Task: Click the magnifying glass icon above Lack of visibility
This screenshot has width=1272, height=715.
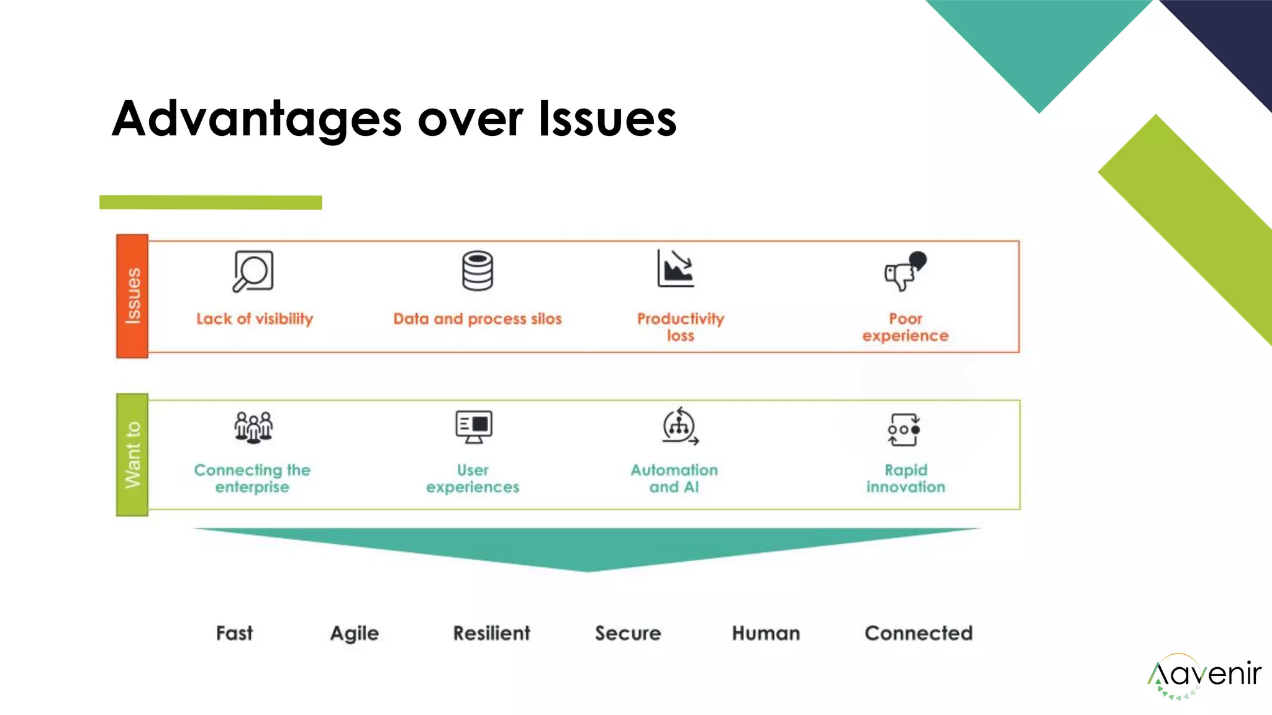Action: tap(253, 271)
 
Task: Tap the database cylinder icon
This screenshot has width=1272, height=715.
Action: tap(477, 271)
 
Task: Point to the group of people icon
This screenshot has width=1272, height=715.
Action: tap(253, 427)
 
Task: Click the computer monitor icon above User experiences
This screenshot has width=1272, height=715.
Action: tap(473, 426)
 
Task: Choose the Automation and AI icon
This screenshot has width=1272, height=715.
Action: tap(679, 426)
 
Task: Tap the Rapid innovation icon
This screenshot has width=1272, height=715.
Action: tap(904, 429)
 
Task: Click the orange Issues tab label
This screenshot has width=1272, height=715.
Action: tap(132, 296)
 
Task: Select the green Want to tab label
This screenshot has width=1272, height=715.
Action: tap(132, 455)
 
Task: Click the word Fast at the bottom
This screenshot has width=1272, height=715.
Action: tap(234, 633)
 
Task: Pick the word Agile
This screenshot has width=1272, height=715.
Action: tap(354, 634)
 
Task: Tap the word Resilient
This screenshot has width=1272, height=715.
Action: tap(491, 633)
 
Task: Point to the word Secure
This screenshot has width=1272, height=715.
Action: tap(628, 633)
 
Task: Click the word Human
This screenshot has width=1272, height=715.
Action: tap(766, 633)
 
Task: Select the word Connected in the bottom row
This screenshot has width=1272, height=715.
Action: tap(918, 633)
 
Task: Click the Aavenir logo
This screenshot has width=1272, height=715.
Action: tap(1203, 675)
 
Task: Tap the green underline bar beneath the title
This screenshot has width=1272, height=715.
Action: tap(211, 202)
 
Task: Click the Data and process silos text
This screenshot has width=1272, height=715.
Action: tap(477, 319)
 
